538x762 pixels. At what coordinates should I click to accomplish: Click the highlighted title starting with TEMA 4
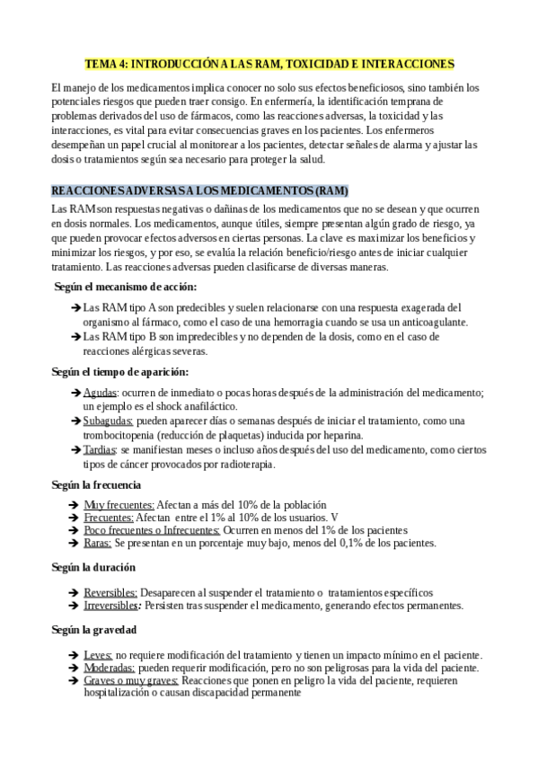pyautogui.click(x=269, y=64)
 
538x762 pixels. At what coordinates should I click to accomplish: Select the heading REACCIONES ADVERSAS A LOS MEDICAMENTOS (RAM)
pyautogui.click(x=199, y=191)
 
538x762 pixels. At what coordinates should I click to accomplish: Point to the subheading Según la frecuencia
pyautogui.click(x=97, y=484)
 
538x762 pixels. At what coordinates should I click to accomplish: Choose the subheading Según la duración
pyautogui.click(x=93, y=568)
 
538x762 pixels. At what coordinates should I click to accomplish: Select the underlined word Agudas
pyautogui.click(x=100, y=393)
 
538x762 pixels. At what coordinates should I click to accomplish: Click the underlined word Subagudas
pyautogui.click(x=108, y=421)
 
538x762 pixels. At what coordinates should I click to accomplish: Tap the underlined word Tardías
pyautogui.click(x=101, y=449)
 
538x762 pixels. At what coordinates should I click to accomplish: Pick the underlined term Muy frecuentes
pyautogui.click(x=119, y=504)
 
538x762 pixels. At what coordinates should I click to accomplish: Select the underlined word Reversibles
pyautogui.click(x=110, y=592)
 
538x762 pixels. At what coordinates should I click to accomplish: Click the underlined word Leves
pyautogui.click(x=98, y=655)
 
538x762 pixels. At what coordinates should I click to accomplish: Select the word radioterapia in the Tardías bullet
pyautogui.click(x=242, y=464)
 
